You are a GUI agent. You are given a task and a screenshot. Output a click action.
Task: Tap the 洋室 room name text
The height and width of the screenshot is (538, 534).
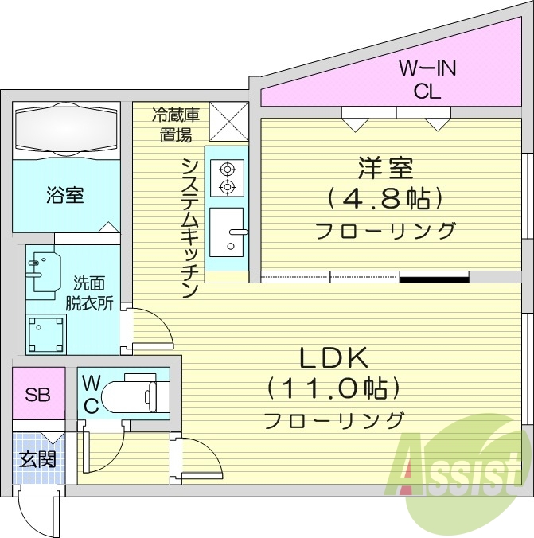385,169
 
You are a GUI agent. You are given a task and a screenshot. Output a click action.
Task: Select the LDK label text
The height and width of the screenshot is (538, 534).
333,358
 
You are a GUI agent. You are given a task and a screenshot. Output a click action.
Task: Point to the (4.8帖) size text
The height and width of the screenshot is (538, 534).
385,198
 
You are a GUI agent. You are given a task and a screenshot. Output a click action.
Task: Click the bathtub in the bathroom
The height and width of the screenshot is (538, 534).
65,129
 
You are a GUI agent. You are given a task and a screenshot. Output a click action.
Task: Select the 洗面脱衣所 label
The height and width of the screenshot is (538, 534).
94,293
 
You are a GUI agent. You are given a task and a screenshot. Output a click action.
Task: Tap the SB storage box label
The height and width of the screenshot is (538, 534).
37,393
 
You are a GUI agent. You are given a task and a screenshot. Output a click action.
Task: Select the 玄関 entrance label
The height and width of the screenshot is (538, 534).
37,460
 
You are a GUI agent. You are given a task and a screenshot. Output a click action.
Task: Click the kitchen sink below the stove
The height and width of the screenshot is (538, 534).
228,232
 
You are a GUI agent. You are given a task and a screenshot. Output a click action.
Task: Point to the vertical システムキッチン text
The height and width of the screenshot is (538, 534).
189,228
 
